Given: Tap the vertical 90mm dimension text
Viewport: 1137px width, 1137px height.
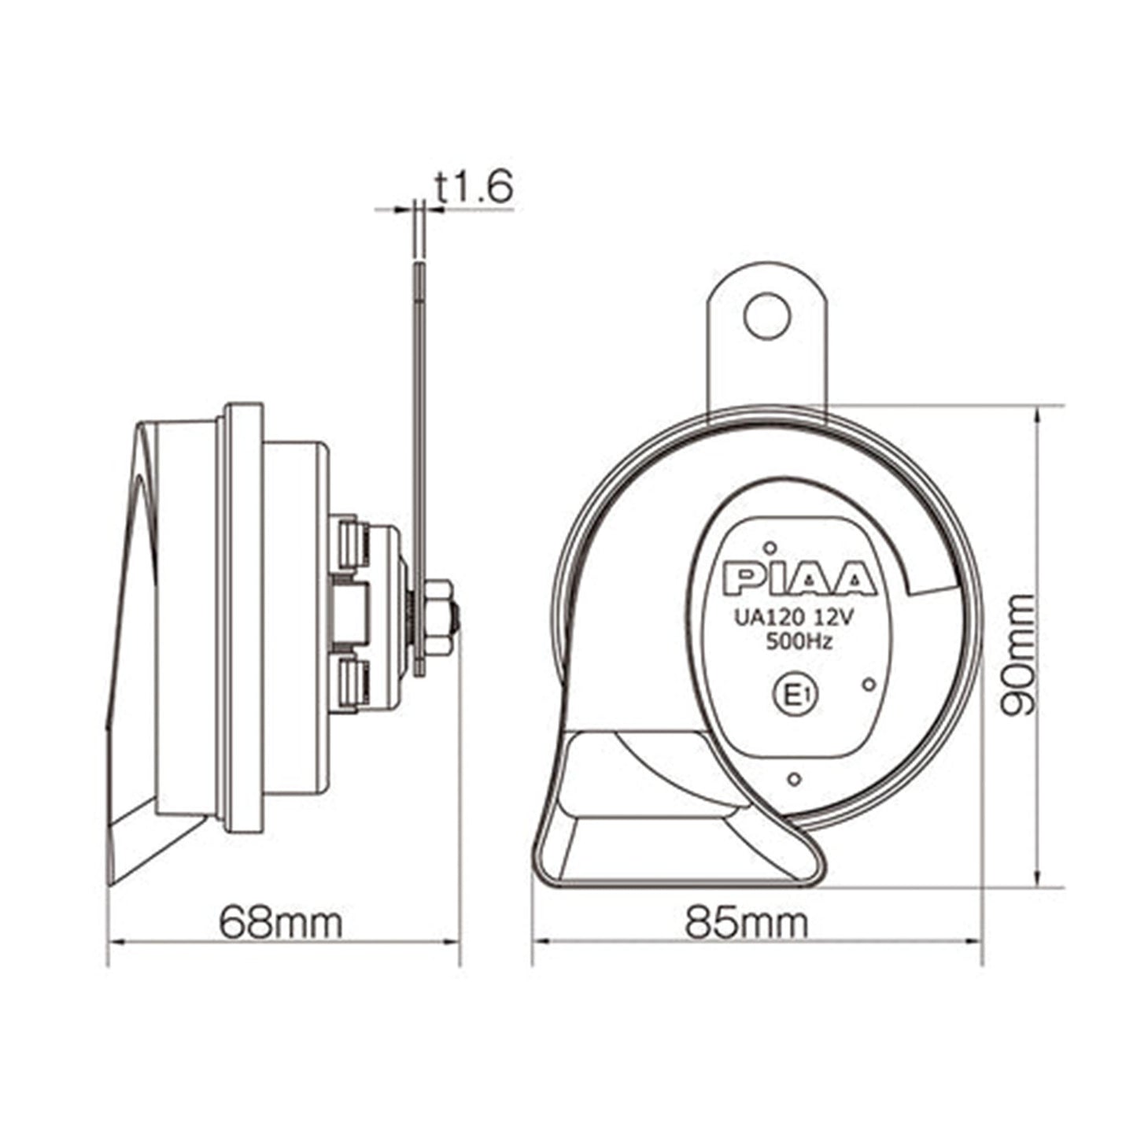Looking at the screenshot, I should click(1019, 655).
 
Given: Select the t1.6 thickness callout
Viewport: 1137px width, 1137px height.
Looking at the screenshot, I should click(474, 189).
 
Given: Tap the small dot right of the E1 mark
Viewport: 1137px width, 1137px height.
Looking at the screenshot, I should click(869, 684).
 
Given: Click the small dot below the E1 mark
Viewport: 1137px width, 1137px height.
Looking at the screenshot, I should click(795, 778).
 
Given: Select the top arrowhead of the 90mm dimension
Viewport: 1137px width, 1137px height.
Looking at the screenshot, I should click(1040, 412).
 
